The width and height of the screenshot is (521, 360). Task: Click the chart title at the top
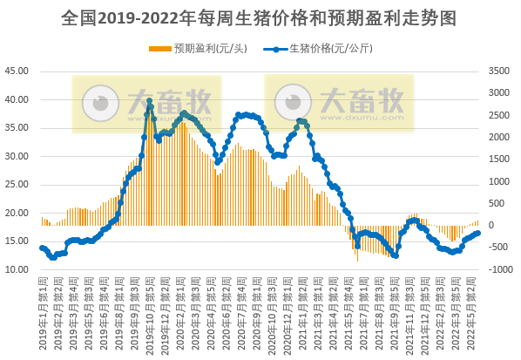260,17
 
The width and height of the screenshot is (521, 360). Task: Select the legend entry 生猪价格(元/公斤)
328,49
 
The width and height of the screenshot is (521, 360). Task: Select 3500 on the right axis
500,71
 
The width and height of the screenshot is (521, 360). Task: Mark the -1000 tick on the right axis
500,269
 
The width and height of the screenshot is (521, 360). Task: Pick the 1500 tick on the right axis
500,160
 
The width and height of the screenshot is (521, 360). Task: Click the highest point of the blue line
150,101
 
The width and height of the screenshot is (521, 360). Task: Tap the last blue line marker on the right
477,233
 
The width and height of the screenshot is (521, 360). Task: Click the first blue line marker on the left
42,248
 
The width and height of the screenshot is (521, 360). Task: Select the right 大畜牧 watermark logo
338,104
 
